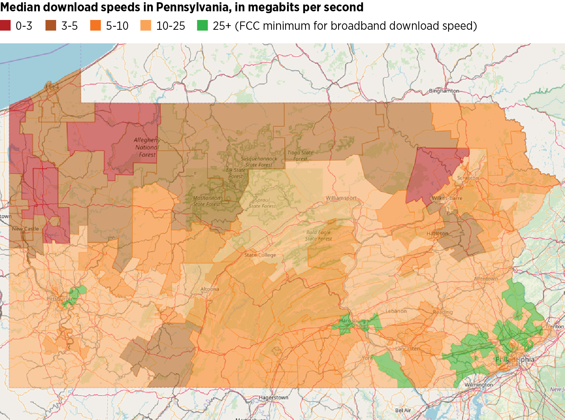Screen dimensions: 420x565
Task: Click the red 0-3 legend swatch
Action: coord(5,26)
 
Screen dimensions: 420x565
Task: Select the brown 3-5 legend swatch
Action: coord(51,26)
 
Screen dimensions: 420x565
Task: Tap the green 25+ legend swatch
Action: coord(202,26)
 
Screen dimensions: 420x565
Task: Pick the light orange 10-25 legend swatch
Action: coord(146,26)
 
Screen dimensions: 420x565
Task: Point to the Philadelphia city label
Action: coord(515,359)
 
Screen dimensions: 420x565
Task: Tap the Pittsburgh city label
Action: coord(59,299)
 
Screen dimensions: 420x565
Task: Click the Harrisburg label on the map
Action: coord(352,321)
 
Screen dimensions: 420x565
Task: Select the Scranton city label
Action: coord(468,178)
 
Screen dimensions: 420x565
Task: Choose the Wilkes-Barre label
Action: coord(447,198)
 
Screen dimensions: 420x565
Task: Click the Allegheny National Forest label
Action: coord(147,147)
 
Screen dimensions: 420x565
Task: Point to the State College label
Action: coord(260,255)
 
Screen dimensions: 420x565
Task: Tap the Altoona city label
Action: coord(210,289)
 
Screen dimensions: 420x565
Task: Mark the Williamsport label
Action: coord(341,198)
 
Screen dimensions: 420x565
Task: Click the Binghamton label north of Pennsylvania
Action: coord(444,91)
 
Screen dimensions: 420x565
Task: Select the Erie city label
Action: coord(50,87)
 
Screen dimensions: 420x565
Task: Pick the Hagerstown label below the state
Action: coord(273,397)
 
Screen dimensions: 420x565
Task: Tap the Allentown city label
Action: coord(486,279)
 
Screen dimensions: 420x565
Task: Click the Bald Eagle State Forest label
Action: coord(318,235)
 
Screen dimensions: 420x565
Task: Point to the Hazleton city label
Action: coord(437,234)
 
